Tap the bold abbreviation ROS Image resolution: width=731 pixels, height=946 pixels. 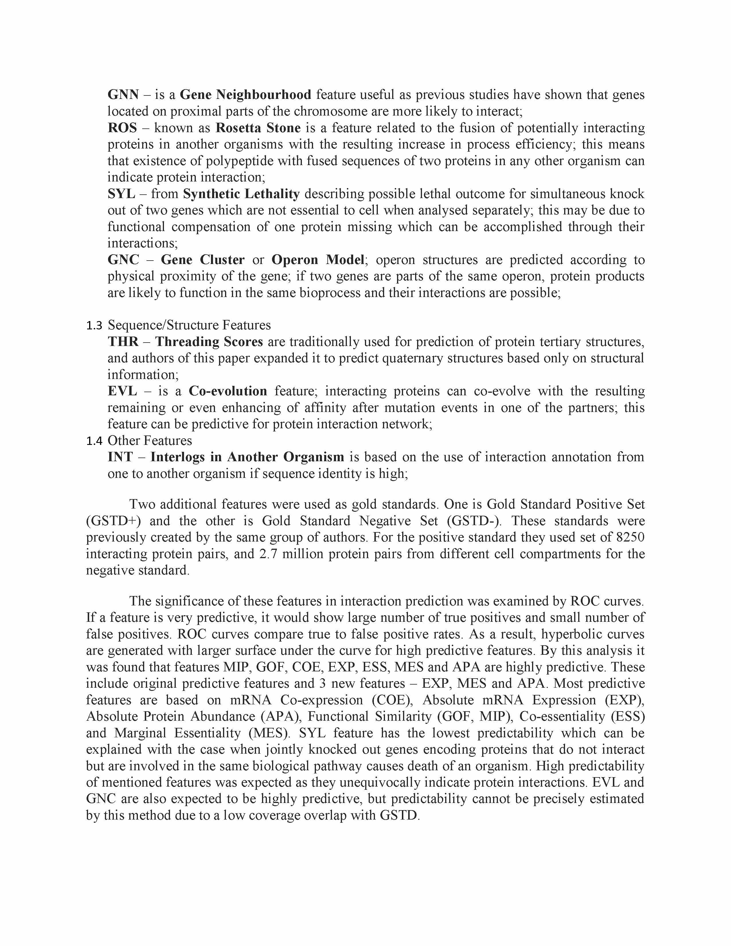click(x=122, y=128)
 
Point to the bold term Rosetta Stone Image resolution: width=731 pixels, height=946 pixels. click(x=258, y=128)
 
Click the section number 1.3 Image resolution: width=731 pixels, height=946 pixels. click(x=94, y=326)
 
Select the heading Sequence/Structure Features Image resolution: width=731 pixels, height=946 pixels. click(x=189, y=325)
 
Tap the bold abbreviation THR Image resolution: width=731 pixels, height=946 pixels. click(x=123, y=342)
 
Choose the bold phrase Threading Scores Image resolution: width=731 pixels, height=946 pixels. click(x=209, y=342)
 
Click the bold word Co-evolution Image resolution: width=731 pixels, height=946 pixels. click(x=228, y=391)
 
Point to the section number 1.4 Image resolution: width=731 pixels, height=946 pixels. click(x=94, y=441)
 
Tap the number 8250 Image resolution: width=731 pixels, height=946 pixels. click(x=629, y=537)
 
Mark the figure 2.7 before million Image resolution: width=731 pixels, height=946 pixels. click(x=269, y=554)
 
